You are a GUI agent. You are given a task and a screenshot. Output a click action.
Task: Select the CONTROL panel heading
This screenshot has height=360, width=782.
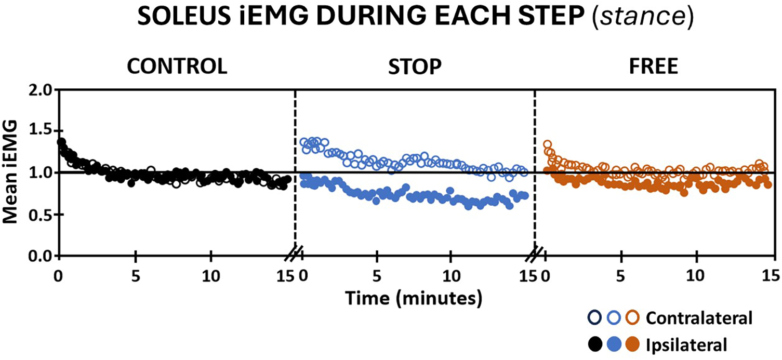(x=177, y=68)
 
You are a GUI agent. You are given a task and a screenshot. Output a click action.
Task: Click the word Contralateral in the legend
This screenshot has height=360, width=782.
(x=699, y=318)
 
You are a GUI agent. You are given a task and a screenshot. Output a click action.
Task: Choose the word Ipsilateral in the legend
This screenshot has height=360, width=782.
(x=686, y=343)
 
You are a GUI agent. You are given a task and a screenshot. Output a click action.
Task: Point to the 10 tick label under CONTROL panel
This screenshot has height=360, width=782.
(x=211, y=275)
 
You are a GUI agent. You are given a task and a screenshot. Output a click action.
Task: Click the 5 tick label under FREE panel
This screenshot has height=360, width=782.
(x=620, y=275)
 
